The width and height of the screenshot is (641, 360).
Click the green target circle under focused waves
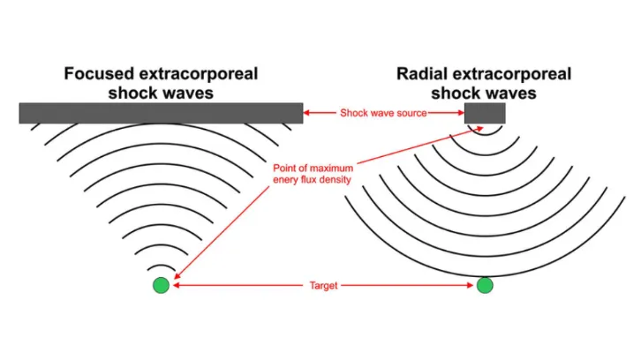[161, 285]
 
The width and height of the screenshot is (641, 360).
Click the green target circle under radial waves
[485, 285]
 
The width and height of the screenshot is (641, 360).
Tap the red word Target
[323, 286]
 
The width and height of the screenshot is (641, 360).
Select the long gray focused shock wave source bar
[161, 113]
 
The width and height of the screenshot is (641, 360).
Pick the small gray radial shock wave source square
[485, 113]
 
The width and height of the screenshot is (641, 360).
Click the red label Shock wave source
[383, 113]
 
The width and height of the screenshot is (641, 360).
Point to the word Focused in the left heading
[99, 74]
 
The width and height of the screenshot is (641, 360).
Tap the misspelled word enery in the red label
[286, 180]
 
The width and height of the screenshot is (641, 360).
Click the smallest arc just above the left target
[161, 266]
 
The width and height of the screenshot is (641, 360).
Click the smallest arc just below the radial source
[486, 133]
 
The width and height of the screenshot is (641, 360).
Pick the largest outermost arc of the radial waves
[486, 277]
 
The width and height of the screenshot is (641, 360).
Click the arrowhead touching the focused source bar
[306, 113]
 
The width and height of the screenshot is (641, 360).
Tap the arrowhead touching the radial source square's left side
[461, 113]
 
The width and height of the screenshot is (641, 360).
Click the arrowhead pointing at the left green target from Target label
[177, 285]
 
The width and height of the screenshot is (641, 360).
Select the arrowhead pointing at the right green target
[470, 285]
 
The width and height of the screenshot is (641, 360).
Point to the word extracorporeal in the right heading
[512, 74]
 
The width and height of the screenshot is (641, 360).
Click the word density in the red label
[336, 180]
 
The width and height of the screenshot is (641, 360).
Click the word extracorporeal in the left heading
[199, 74]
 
